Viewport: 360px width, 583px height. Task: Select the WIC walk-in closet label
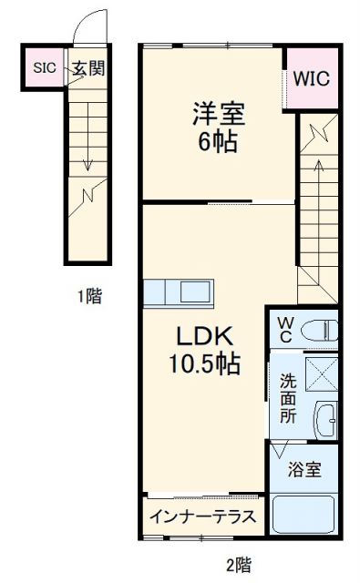tap(311, 78)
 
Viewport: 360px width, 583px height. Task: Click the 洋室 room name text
tap(217, 115)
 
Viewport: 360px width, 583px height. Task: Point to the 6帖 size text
tap(217, 143)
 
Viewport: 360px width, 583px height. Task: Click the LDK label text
tap(202, 336)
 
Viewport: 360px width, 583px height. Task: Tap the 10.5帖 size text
tap(202, 364)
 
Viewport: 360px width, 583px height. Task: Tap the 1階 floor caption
tap(88, 297)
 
